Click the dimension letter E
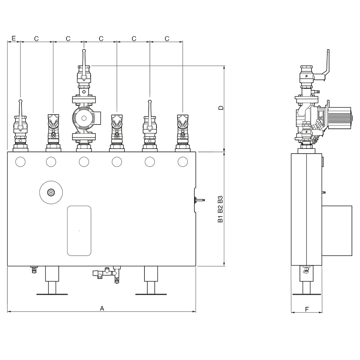pyautogui.click(x=14, y=38)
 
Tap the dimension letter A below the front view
pyautogui.click(x=102, y=308)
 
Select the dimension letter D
pyautogui.click(x=221, y=108)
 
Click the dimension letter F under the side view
pyautogui.click(x=307, y=309)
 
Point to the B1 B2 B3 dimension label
pyautogui.click(x=220, y=209)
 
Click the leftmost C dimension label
pyautogui.click(x=36, y=39)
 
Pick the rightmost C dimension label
pyautogui.click(x=167, y=39)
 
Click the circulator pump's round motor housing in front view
pyautogui.click(x=84, y=118)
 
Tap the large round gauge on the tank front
pyautogui.click(x=51, y=192)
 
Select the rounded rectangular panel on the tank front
pyautogui.click(x=79, y=231)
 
